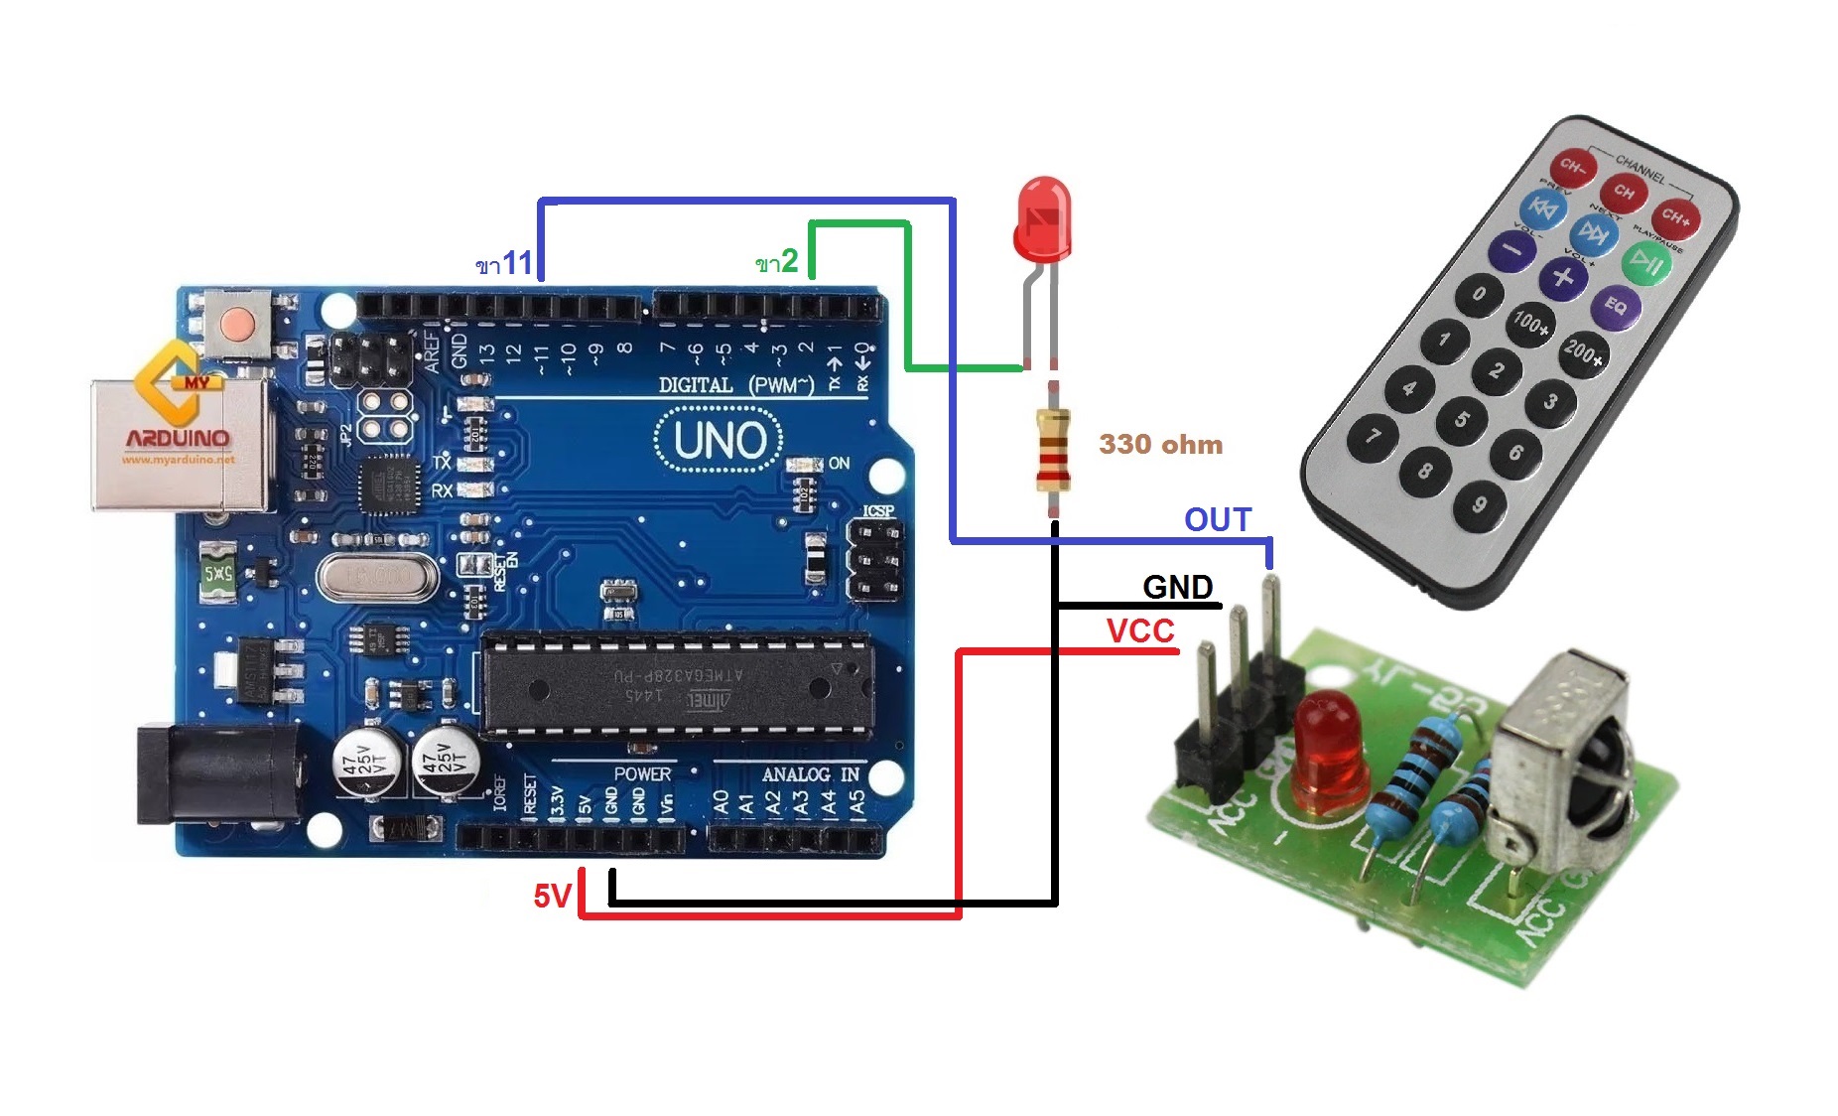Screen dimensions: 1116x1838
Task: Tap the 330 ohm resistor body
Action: (1053, 449)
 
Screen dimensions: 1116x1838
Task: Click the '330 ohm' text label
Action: (1160, 444)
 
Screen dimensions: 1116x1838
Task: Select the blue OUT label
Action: (1218, 519)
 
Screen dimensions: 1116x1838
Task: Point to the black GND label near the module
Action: (1177, 587)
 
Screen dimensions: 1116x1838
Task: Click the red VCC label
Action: (1140, 630)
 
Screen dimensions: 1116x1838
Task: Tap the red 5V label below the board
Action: (552, 897)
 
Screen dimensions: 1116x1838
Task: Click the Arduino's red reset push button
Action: (237, 323)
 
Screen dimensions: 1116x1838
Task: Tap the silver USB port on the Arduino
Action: (179, 444)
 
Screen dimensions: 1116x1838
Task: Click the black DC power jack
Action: (213, 775)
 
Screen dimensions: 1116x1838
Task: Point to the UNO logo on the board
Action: (719, 440)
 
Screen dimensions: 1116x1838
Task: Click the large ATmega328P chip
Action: (678, 686)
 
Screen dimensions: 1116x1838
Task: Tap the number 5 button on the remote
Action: (1461, 419)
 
